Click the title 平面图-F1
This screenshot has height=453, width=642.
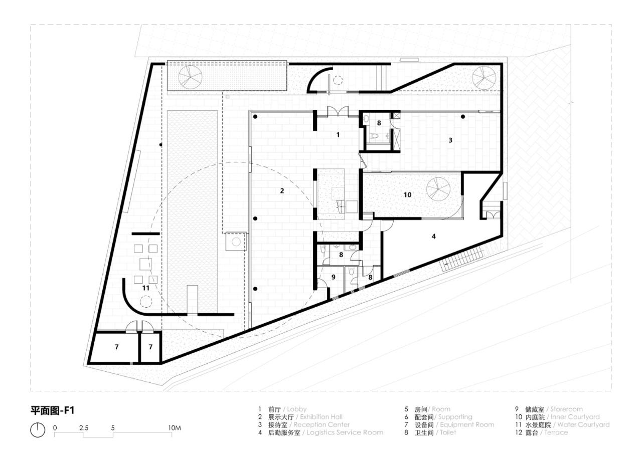[53, 411]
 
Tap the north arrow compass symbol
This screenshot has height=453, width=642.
[38, 429]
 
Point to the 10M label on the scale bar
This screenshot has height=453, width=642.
[174, 427]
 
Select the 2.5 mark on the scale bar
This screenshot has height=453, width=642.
[84, 427]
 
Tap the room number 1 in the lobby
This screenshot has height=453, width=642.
[338, 135]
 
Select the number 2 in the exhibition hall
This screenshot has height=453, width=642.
[282, 190]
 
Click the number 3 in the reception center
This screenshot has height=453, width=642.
[450, 140]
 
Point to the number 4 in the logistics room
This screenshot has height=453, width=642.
[433, 235]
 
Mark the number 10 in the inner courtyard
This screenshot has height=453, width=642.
[407, 194]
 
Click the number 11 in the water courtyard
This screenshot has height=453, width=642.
[145, 288]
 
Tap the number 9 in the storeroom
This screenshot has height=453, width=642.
[333, 276]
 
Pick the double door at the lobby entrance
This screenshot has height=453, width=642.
[334, 112]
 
